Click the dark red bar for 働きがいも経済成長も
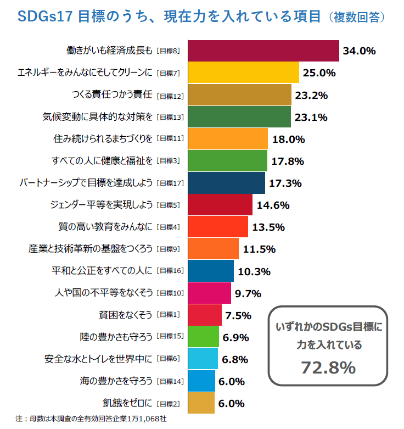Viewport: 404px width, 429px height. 263,51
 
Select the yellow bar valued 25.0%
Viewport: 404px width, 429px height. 243,73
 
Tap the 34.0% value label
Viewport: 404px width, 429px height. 359,51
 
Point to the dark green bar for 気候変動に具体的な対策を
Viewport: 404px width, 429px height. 239,116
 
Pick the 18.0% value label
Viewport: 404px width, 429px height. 288,139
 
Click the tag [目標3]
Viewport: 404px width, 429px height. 168,161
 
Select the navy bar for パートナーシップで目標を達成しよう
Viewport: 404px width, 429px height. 226,182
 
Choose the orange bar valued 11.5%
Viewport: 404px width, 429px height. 213,249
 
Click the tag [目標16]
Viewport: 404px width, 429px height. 170,271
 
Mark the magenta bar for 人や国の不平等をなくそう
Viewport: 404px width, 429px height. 209,293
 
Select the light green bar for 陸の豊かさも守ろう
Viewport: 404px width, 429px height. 204,337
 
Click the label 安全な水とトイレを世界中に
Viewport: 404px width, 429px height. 98,359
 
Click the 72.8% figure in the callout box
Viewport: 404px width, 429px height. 328,367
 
